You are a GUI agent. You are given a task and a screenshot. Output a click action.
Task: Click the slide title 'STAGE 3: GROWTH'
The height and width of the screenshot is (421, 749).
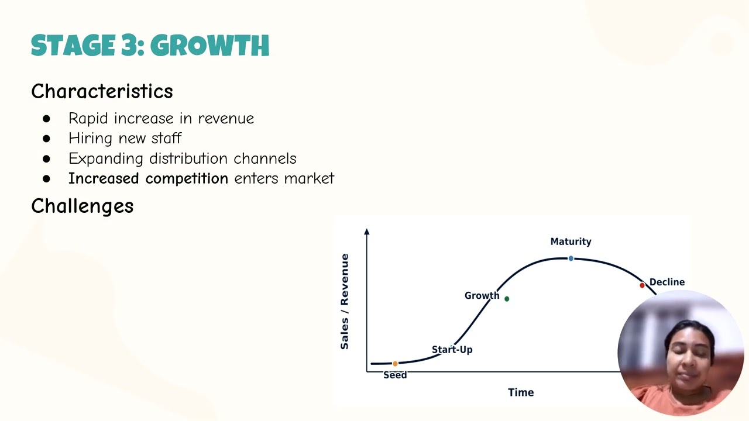[x=150, y=46]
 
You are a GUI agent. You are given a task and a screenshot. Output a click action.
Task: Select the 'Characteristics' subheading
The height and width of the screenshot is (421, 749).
[x=102, y=91]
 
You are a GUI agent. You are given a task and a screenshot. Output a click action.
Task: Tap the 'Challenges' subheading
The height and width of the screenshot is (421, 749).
[x=82, y=206]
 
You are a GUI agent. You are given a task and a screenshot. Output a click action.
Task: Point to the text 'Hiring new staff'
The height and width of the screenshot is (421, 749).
[x=125, y=139]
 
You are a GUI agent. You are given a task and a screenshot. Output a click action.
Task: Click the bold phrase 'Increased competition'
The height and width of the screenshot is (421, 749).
[x=148, y=178]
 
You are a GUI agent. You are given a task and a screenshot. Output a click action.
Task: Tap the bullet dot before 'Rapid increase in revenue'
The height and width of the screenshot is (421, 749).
[x=47, y=119]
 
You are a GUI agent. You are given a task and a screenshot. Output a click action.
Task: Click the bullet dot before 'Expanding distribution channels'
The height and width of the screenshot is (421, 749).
[x=47, y=159]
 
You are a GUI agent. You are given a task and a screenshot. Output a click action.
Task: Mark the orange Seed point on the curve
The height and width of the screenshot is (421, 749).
[x=395, y=364]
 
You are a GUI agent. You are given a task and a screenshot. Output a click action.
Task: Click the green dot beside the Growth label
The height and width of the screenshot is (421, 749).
[x=507, y=299]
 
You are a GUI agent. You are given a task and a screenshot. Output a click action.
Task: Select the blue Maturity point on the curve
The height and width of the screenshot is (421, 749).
[x=571, y=258]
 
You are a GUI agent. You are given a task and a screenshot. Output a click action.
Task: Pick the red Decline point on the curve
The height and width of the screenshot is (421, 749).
[x=642, y=285]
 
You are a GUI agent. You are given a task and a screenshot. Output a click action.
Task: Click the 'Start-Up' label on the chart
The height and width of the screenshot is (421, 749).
[x=452, y=350]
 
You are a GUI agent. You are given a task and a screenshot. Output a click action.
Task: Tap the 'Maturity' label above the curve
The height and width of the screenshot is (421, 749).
[x=571, y=241]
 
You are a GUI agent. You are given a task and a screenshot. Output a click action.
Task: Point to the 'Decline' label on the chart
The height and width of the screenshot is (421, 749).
[x=666, y=282]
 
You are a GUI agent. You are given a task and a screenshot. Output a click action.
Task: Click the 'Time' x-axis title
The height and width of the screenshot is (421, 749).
[x=520, y=392]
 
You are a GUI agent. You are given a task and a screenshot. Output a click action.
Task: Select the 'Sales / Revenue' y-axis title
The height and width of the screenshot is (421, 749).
[x=345, y=302]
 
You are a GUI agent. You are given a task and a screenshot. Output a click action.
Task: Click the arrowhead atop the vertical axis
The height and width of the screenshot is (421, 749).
[x=367, y=232]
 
